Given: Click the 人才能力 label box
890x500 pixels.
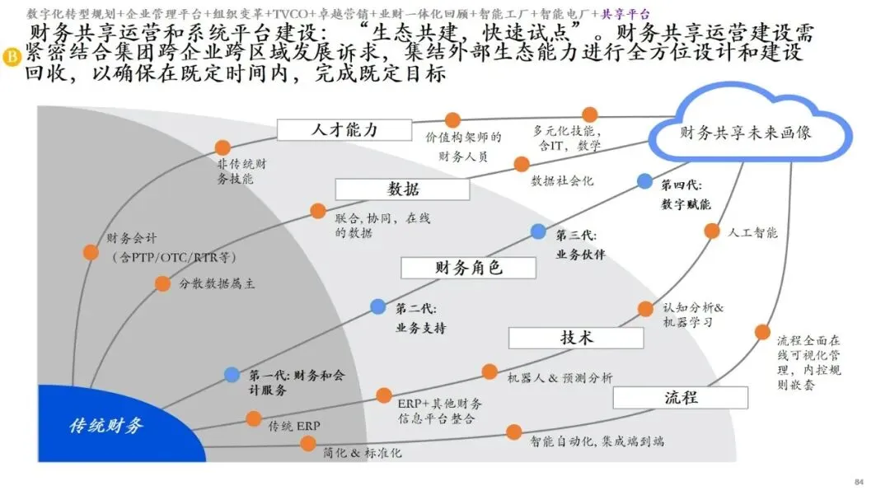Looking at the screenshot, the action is (x=344, y=130).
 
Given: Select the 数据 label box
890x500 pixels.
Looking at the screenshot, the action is (x=402, y=189).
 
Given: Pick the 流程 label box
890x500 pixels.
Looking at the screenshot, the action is (x=681, y=397).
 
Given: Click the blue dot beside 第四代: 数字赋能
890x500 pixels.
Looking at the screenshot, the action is (x=644, y=181).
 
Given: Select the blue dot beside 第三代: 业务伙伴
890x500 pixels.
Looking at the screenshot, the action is (x=538, y=231).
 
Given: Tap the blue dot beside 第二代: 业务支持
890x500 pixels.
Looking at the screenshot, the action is (x=377, y=306).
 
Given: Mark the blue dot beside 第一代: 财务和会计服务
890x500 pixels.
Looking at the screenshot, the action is (x=232, y=375).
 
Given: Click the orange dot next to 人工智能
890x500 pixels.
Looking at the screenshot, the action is (x=711, y=231).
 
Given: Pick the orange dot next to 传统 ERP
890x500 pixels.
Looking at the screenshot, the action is (x=254, y=418).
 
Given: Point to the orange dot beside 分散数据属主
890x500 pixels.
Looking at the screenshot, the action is (x=162, y=283).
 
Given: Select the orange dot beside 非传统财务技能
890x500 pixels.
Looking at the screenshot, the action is (x=222, y=147).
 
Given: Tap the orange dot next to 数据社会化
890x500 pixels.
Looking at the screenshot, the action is (x=521, y=164).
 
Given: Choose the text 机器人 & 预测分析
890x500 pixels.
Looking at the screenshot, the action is (x=560, y=377).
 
